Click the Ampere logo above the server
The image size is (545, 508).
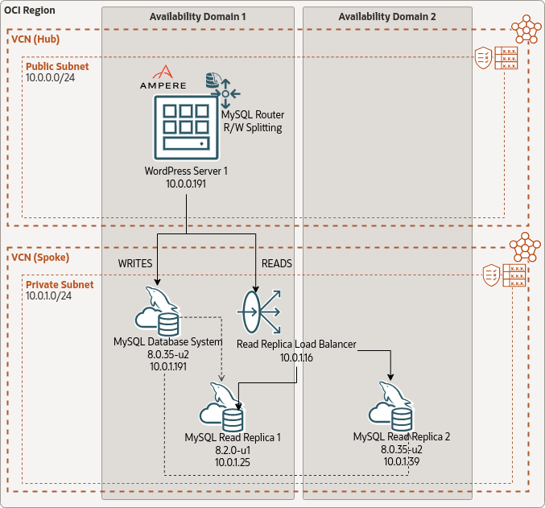[163, 77]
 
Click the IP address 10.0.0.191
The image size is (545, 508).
[187, 184]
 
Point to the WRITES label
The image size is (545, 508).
[135, 263]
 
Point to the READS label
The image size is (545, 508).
[277, 263]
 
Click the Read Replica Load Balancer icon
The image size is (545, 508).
[259, 311]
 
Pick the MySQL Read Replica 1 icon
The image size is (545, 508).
[222, 409]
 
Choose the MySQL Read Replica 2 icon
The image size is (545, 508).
[391, 408]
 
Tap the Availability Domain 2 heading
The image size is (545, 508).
[387, 17]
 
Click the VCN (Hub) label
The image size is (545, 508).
[35, 39]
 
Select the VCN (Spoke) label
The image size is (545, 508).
[40, 258]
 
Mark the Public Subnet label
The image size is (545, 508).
[57, 67]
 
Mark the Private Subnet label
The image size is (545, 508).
[60, 285]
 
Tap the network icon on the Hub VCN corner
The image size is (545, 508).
[526, 28]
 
